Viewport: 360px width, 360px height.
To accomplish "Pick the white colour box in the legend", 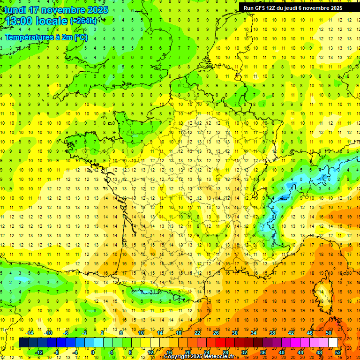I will pos(333,343).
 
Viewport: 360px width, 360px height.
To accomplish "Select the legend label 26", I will pos(216,333).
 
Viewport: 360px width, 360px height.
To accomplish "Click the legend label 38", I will pos(272,333).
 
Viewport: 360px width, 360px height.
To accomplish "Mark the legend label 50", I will pos(329,333).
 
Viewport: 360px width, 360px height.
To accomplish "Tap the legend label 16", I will pos(169,352).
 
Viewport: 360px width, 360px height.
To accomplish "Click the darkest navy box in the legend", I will pos(24,343).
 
